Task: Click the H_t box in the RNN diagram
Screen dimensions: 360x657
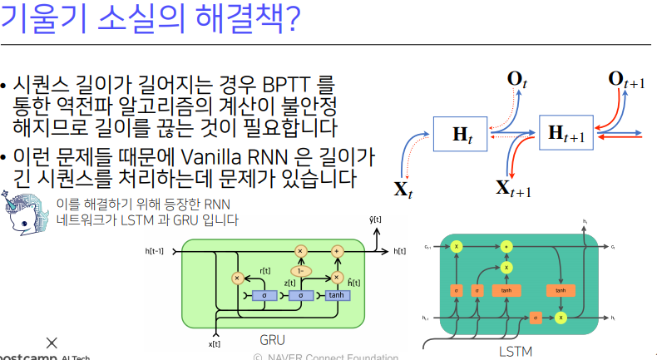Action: (461, 133)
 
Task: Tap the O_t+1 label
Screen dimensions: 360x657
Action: (626, 80)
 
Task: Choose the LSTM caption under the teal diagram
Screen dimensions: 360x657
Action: (516, 351)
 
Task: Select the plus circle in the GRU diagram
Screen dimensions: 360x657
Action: (337, 249)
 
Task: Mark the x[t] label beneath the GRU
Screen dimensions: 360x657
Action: (214, 342)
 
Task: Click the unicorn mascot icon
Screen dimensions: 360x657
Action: (23, 212)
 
